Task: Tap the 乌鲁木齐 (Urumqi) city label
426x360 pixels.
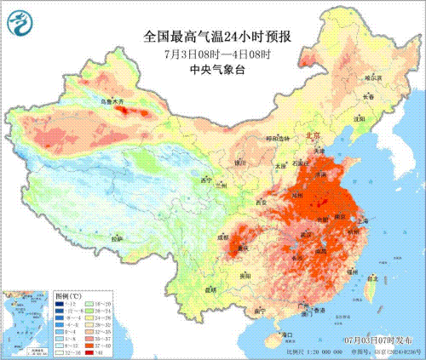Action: point(115,101)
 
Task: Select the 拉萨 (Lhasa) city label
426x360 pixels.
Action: point(117,238)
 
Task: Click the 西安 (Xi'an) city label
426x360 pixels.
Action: point(262,202)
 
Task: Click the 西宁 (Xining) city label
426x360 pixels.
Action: point(204,180)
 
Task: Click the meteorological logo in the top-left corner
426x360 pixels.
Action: point(19,20)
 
